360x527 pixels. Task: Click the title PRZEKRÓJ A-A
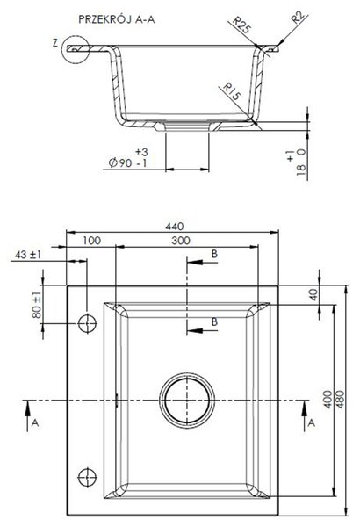(x=117, y=19)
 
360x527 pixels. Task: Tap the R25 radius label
(x=241, y=25)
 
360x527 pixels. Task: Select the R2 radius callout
(x=299, y=18)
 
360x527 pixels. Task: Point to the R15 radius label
(x=232, y=91)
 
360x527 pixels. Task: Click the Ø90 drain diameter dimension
(x=128, y=158)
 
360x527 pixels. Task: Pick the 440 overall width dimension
(x=175, y=227)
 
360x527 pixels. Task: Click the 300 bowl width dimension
(x=181, y=241)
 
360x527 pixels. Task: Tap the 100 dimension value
(x=91, y=241)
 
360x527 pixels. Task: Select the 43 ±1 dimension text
(x=28, y=255)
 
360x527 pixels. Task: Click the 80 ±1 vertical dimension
(x=37, y=305)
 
